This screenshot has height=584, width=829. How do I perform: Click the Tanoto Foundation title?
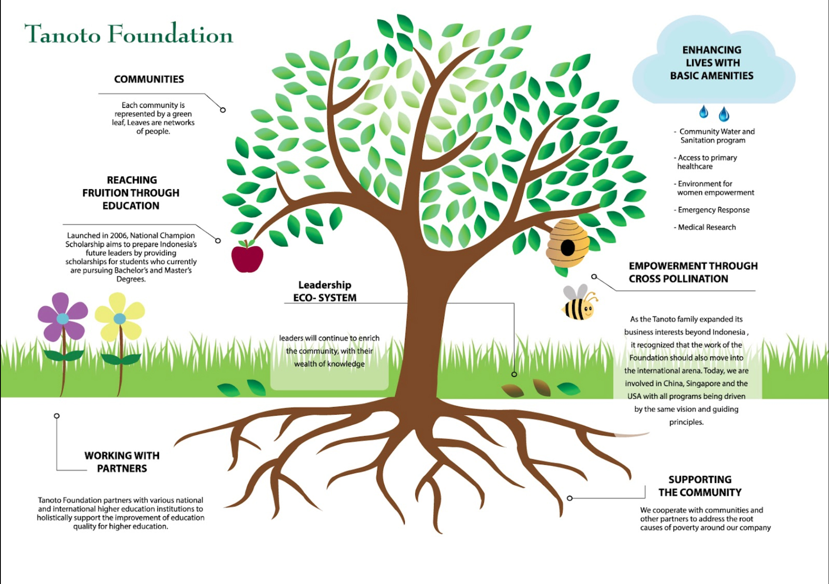pyautogui.click(x=128, y=34)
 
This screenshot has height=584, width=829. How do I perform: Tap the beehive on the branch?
pyautogui.click(x=567, y=244)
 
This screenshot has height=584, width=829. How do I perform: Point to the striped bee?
pyautogui.click(x=580, y=303)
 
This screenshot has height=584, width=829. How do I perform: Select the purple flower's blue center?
pyautogui.click(x=63, y=319)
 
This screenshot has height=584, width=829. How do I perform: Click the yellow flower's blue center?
pyautogui.click(x=120, y=319)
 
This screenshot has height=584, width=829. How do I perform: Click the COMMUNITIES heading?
pyautogui.click(x=149, y=79)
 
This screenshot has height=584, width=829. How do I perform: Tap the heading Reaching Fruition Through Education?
pyautogui.click(x=131, y=193)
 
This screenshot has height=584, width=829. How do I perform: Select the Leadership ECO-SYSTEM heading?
pyautogui.click(x=325, y=291)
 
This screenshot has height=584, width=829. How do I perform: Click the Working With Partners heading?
pyautogui.click(x=122, y=462)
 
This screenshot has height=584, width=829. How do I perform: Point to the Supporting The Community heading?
pyautogui.click(x=700, y=486)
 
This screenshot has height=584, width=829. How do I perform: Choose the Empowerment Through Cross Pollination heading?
pyautogui.click(x=693, y=272)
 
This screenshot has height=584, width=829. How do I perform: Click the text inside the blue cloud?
pyautogui.click(x=712, y=63)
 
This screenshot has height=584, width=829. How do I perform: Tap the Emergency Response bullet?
pyautogui.click(x=712, y=210)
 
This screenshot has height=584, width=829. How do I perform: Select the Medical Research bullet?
pyautogui.click(x=705, y=227)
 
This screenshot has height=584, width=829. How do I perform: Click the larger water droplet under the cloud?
pyautogui.click(x=724, y=114)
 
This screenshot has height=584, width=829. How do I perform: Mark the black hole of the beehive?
pyautogui.click(x=567, y=248)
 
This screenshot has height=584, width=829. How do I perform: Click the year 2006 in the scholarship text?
pyautogui.click(x=119, y=236)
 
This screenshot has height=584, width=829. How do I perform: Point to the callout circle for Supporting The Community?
pyautogui.click(x=570, y=498)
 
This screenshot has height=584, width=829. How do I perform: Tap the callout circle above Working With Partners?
pyautogui.click(x=56, y=416)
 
